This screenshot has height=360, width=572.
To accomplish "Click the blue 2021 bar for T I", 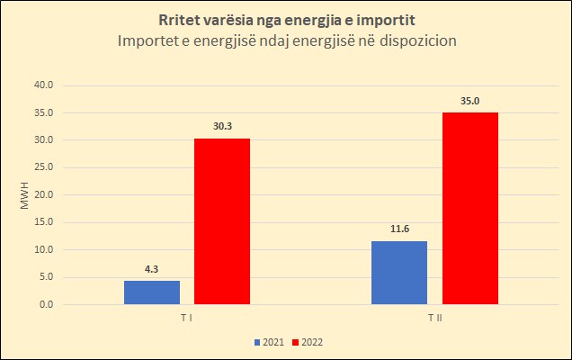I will coord(152,292).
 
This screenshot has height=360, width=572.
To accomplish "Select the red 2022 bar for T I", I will coord(222,221).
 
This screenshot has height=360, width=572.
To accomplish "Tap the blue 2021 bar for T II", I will coord(399,273).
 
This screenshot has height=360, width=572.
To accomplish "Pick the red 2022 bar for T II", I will coord(469,209).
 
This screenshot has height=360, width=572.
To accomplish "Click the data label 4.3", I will coord(152,268).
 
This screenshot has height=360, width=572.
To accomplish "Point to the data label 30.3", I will coord(222,127).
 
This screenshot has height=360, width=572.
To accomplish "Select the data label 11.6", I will coord(399,229).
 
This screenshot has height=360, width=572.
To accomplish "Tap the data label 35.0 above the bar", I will coord(469,101).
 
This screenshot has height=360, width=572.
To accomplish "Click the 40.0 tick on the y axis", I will coord(43,85).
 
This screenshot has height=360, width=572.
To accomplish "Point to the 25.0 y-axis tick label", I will coord(43,167).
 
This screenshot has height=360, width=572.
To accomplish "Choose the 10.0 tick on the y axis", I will coord(43,249).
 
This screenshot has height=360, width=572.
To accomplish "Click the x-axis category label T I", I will coord(187,319).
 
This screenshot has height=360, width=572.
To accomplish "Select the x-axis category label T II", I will coord(434,319).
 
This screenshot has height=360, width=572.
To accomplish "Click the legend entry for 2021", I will coord(270,342).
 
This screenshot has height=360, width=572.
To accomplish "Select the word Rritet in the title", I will coord(181,21).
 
